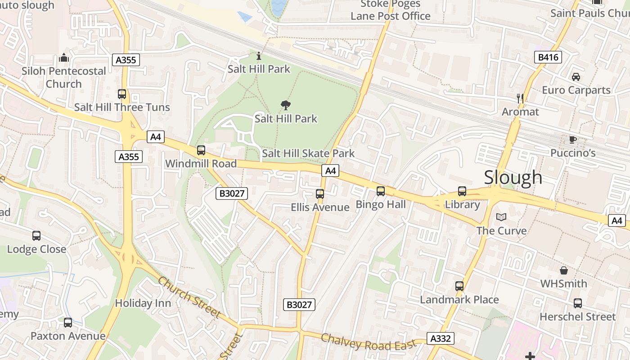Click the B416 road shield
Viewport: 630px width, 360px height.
(548, 57)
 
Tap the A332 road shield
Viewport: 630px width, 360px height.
(441, 338)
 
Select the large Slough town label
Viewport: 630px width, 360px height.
(513, 177)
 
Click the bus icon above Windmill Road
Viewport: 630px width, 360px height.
(201, 150)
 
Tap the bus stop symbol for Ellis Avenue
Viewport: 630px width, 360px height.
(320, 194)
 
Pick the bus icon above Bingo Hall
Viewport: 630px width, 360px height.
(381, 191)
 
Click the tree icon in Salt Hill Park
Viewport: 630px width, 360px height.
(285, 105)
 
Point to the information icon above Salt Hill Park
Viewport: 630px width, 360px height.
(259, 56)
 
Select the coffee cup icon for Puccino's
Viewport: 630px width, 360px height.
(573, 139)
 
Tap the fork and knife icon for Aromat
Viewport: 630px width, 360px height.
(520, 98)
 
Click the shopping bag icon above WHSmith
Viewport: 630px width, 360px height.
(563, 270)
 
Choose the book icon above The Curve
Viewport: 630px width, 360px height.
(501, 217)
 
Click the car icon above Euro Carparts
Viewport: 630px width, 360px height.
(576, 76)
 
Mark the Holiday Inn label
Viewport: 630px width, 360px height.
(143, 303)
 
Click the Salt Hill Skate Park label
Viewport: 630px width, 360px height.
(308, 153)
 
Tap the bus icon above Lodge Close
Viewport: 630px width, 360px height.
(36, 236)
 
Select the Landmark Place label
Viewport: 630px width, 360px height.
(459, 300)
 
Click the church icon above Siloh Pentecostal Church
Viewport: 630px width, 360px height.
(64, 58)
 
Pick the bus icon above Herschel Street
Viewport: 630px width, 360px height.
(577, 303)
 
